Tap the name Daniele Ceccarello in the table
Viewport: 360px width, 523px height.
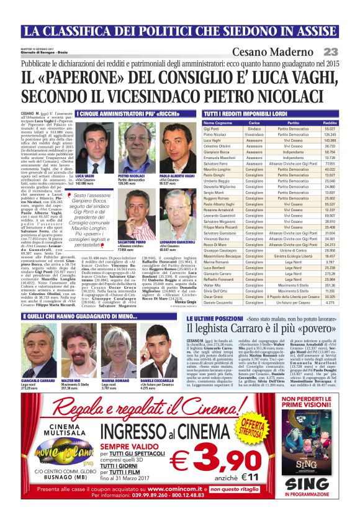coord(219,301)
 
